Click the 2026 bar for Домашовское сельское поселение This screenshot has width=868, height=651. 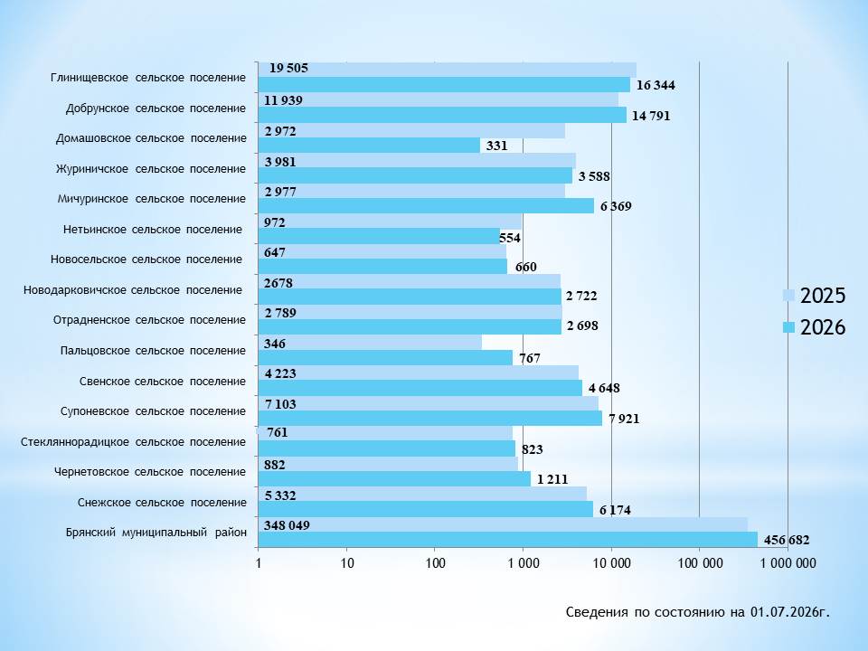click(x=369, y=145)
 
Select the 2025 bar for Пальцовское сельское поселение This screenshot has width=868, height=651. click(x=370, y=343)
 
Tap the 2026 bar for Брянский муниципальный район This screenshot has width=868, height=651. click(x=507, y=540)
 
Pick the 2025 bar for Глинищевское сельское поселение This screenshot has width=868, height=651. click(x=448, y=70)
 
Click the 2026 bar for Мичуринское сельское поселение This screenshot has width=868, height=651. click(x=426, y=206)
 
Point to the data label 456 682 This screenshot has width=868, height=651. click(x=787, y=540)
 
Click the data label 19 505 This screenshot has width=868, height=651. click(x=288, y=68)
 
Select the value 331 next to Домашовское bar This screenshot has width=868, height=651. click(x=496, y=146)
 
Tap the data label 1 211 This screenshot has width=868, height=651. click(x=552, y=479)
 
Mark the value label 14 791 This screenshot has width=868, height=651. click(x=651, y=116)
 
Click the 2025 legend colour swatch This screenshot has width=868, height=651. click(x=788, y=295)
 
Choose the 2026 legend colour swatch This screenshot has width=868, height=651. click(x=788, y=327)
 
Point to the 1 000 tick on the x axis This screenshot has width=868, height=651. click(x=524, y=563)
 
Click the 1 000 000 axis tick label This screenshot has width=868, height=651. click(x=788, y=563)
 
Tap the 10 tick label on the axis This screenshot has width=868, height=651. click(x=347, y=563)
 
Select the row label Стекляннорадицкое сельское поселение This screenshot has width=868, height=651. click(x=134, y=442)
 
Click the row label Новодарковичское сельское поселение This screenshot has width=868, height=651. click(x=133, y=290)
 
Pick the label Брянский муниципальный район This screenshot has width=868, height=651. click(x=156, y=533)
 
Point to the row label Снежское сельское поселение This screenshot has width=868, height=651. click(x=162, y=503)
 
